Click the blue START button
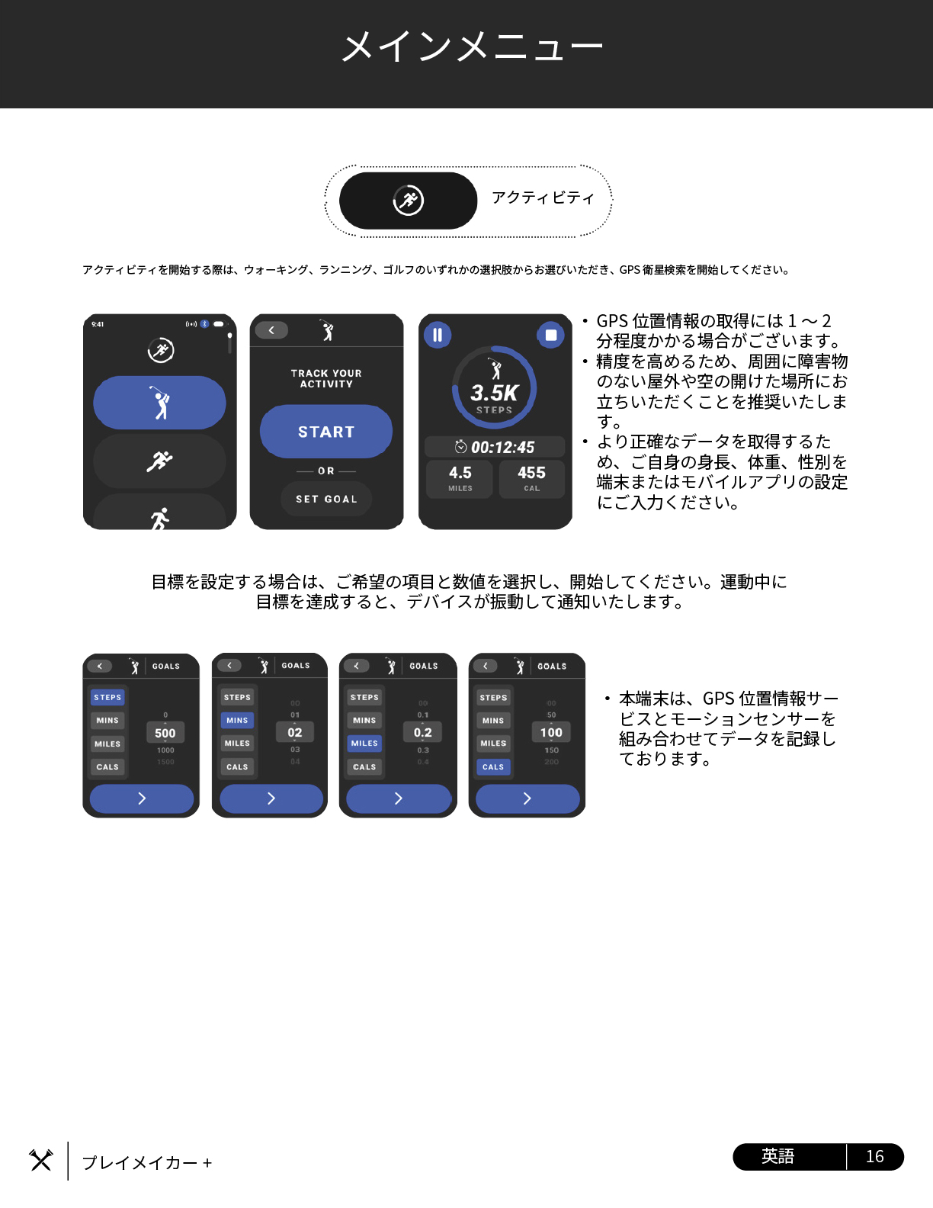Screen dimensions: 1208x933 326,432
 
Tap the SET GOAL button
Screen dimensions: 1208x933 326,499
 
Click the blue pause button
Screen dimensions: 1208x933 438,335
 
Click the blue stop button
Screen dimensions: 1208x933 551,335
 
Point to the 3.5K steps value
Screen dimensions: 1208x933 494,393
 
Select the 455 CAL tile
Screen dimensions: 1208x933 531,478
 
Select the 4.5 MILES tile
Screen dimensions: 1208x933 460,478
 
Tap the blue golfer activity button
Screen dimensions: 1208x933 160,403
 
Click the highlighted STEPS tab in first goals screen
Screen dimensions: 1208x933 107,697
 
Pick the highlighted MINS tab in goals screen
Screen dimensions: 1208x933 237,720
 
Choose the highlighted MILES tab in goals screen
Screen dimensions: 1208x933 364,743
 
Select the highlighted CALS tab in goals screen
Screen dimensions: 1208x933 493,766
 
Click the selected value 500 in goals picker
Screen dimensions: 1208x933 165,733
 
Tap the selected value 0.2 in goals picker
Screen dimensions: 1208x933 423,732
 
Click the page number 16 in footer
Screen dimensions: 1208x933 874,1156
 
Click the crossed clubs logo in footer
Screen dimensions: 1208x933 41,1160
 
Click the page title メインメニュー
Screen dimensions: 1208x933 471,47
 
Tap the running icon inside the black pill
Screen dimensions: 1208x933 409,201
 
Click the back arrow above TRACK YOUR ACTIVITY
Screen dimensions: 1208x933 271,330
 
